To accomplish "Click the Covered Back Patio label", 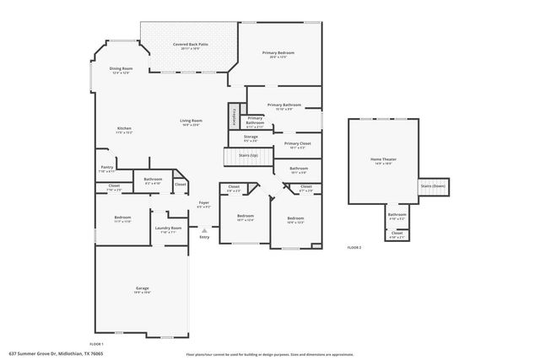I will coord(191,46).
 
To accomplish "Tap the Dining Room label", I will coord(122,70).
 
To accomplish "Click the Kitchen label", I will coord(124,130).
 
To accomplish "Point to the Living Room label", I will coord(191,122).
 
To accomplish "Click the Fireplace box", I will coord(234,117).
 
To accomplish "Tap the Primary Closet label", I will coord(297,145).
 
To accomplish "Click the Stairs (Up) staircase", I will coord(248,157).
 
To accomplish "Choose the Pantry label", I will coord(106,169).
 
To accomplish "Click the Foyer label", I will coord(203,204).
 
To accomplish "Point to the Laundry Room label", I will coord(169,229).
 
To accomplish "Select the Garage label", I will coord(142,290).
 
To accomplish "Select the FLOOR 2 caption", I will coord(354,247).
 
